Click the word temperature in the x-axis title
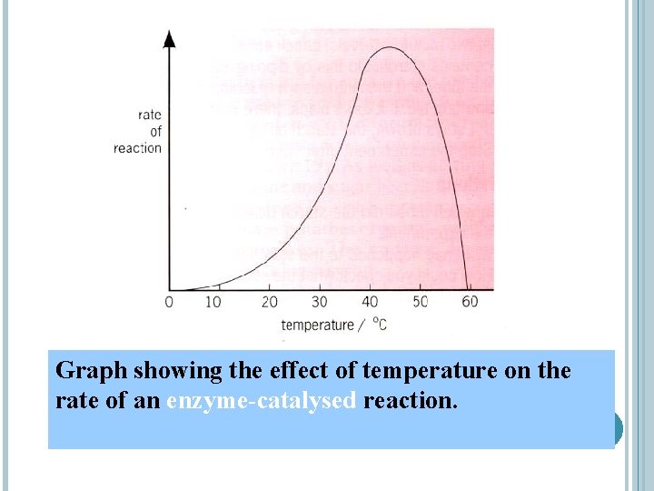[x=317, y=325]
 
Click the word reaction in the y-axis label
[x=137, y=148]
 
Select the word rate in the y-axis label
[x=149, y=115]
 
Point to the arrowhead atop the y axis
[x=169, y=38]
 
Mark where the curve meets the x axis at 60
[x=468, y=289]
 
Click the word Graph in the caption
[x=92, y=371]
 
